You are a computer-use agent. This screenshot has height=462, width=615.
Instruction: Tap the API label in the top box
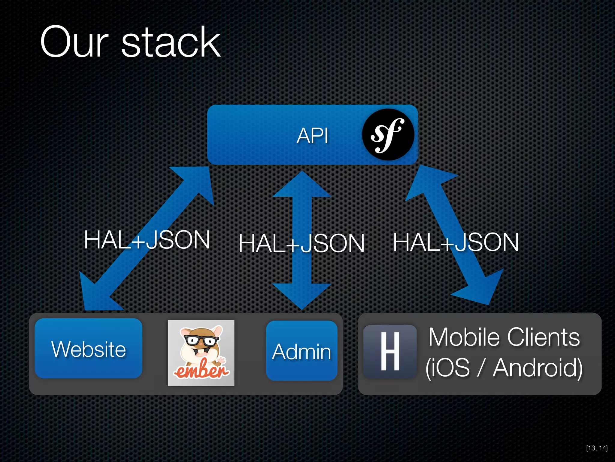click(312, 136)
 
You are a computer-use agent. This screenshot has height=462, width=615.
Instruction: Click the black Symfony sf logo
click(388, 134)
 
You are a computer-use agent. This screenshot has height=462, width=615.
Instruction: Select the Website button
click(89, 349)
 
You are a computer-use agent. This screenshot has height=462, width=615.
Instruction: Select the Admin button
click(301, 351)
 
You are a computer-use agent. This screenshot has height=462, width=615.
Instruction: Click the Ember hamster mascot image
click(201, 353)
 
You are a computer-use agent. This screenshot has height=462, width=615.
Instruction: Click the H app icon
click(390, 351)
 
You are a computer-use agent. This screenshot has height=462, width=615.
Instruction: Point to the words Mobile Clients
click(504, 337)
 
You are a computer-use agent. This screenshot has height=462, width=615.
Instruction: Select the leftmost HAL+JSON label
click(147, 240)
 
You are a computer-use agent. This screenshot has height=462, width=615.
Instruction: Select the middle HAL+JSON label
click(301, 243)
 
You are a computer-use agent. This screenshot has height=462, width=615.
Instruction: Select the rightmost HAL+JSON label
click(456, 242)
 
